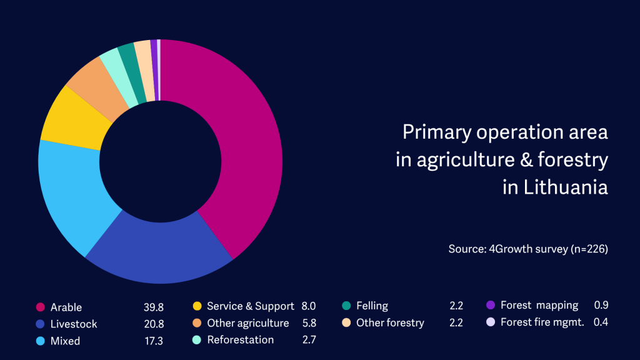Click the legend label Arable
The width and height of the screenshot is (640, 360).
click(x=66, y=307)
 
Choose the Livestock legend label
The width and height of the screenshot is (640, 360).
click(x=74, y=324)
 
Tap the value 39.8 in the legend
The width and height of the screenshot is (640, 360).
click(x=152, y=307)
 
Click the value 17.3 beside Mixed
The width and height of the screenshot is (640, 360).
click(x=152, y=341)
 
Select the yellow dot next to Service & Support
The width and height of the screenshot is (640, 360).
click(x=197, y=306)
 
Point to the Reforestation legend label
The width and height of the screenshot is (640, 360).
click(x=241, y=340)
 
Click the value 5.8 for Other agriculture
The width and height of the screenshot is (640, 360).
click(x=308, y=323)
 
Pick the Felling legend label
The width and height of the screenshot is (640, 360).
click(x=372, y=306)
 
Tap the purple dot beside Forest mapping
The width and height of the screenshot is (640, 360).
click(x=491, y=306)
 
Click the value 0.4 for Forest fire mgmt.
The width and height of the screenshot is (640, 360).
click(x=601, y=322)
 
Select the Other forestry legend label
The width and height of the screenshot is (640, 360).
click(x=390, y=323)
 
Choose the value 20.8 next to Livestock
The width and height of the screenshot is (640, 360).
click(x=152, y=324)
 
